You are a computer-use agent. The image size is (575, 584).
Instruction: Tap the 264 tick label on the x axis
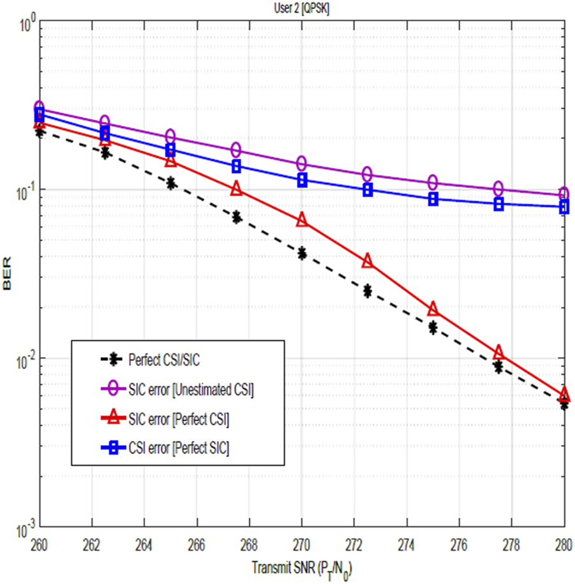pyautogui.click(x=144, y=543)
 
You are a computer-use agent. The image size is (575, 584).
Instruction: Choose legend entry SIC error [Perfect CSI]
pyautogui.click(x=179, y=419)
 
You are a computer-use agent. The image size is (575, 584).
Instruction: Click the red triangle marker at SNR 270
pyautogui.click(x=302, y=221)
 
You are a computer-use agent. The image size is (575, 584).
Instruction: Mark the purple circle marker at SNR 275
pyautogui.click(x=433, y=182)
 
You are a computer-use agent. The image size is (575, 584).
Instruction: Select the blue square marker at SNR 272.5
pyautogui.click(x=368, y=190)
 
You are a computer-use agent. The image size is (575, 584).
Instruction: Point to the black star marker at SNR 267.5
pyautogui.click(x=236, y=217)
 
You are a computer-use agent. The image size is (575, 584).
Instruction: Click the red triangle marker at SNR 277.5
pyautogui.click(x=498, y=353)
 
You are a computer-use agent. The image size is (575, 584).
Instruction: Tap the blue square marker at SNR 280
pyautogui.click(x=564, y=207)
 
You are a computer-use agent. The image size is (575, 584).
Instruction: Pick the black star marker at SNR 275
pyautogui.click(x=433, y=328)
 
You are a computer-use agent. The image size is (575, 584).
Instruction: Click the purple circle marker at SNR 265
pyautogui.click(x=170, y=136)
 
